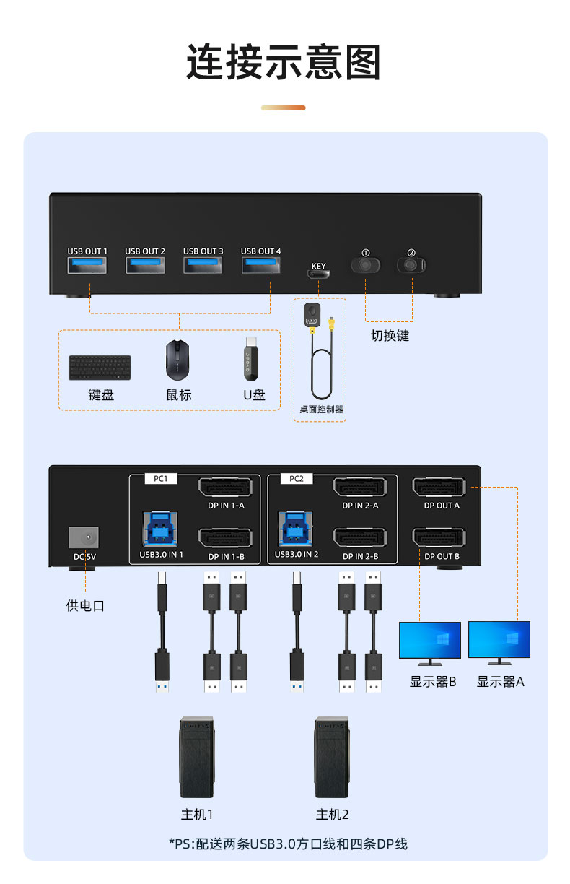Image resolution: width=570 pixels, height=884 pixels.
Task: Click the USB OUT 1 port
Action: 87,265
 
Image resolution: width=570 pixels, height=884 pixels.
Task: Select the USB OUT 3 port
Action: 203,265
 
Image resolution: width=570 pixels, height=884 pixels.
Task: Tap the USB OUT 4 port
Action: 261,265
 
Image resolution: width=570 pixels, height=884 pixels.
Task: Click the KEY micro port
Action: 318,274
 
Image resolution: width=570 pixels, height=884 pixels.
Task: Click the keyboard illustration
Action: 100,368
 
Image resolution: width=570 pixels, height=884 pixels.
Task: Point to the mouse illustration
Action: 177,360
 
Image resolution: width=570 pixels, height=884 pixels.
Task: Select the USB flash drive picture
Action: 251,359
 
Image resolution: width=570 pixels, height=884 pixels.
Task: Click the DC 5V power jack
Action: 84,537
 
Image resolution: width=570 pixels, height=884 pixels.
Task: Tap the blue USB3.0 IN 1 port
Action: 160,529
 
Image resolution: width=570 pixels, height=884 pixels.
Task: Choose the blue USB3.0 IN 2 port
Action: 296,529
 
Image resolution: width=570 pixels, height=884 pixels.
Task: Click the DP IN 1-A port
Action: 226,487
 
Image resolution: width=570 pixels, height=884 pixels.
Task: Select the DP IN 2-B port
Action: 360,537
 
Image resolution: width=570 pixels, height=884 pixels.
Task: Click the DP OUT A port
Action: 439,487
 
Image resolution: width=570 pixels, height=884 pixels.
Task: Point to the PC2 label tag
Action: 297,479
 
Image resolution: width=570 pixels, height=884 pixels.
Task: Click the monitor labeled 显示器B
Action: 430,643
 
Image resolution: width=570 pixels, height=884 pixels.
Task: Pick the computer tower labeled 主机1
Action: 197,758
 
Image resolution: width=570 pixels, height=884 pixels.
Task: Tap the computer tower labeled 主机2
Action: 332,758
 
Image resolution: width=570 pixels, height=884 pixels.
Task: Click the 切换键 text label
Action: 390,335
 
